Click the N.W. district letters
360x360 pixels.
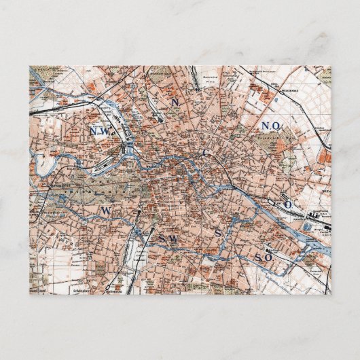(x=104, y=130)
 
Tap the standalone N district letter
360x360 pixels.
(x=174, y=102)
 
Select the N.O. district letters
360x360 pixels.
(x=270, y=126)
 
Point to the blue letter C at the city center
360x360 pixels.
(x=206, y=154)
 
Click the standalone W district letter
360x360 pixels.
(x=106, y=212)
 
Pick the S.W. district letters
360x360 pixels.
(x=166, y=240)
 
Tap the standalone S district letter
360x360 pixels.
(x=218, y=234)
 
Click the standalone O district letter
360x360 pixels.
(x=287, y=204)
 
